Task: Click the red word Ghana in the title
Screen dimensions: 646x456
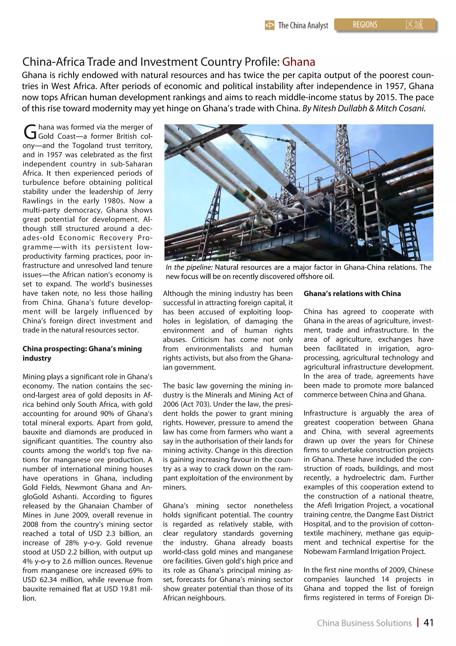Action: (x=298, y=62)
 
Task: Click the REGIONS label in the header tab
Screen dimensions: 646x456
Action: (x=365, y=25)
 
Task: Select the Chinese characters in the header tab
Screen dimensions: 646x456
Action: (x=414, y=25)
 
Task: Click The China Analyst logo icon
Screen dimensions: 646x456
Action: (x=269, y=25)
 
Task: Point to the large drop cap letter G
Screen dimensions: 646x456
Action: (x=30, y=132)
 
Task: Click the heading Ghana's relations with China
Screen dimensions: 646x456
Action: (x=352, y=293)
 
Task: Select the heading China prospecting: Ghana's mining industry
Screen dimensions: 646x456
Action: (x=82, y=353)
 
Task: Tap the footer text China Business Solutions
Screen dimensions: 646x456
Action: (x=364, y=623)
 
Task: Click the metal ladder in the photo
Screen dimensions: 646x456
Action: (x=370, y=214)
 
